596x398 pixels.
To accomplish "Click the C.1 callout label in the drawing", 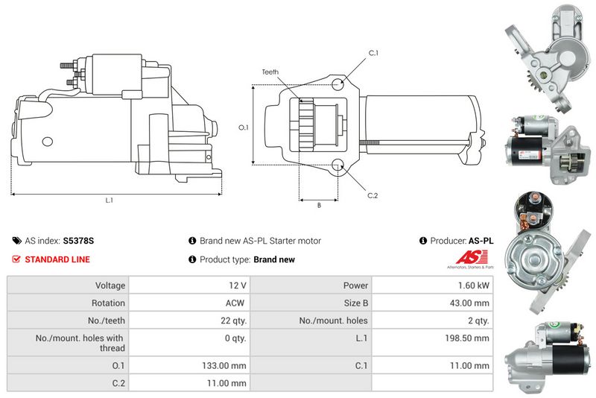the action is coord(374,53).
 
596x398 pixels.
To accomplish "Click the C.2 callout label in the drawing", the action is coord(372,196).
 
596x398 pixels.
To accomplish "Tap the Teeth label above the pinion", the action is coord(270,72).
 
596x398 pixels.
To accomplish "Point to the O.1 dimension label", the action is coord(244,127).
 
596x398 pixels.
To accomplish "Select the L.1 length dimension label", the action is coord(110,200).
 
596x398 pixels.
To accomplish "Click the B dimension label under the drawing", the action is coord(320,205).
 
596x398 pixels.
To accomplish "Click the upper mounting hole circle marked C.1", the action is coord(337,84).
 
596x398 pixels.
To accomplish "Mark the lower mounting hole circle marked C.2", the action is coord(337,165).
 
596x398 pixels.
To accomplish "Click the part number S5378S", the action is coord(78,241).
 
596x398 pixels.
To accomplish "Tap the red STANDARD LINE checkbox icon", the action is coord(16,259).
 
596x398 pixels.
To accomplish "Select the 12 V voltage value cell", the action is coord(238,285).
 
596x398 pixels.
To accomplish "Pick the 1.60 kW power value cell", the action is coord(474,285).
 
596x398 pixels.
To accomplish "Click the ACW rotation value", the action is coord(235,303).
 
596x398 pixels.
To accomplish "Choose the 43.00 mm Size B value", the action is coord(469,303).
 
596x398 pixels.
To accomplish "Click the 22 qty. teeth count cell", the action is coord(234,320).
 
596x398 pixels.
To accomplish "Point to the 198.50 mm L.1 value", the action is coord(467,338).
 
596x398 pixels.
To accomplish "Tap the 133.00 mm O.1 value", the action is coord(224,366).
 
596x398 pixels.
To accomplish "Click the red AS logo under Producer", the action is coord(472,258).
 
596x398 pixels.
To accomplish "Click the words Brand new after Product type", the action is coord(274,259).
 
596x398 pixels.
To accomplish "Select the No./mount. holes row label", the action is coord(333,320).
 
